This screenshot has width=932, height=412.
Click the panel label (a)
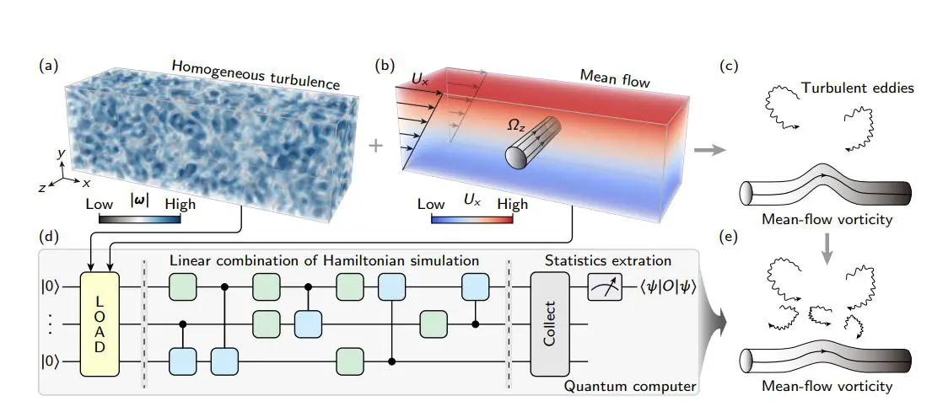point(50,64)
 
